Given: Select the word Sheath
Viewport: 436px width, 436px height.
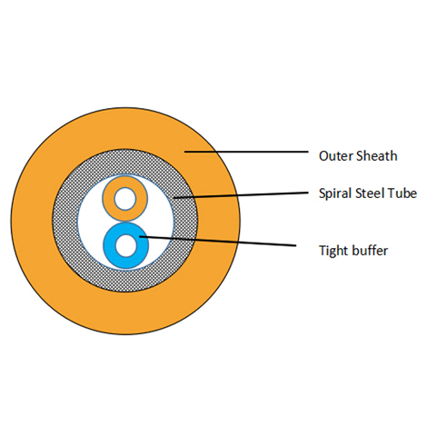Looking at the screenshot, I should [376, 155].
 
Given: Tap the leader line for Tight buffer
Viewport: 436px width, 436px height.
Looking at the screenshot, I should [218, 242].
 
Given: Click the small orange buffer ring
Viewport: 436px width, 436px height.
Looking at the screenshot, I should [112, 198].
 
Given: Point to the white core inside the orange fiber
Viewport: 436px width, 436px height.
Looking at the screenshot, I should [125, 198].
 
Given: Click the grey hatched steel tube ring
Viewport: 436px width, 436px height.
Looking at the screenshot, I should [73, 218].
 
